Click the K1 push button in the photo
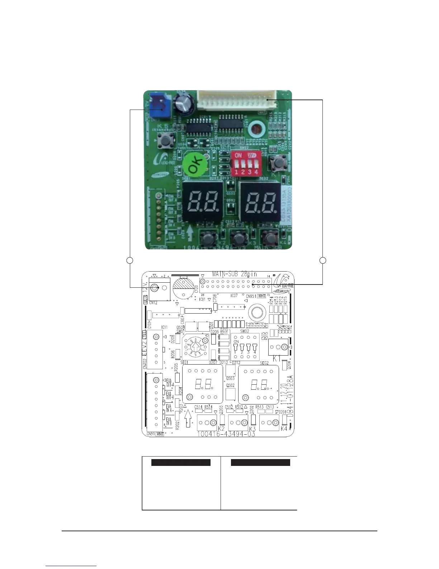click(277, 163)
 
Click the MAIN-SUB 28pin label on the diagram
click(235, 274)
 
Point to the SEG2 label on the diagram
click(264, 363)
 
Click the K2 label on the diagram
click(221, 429)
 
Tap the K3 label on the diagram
click(252, 429)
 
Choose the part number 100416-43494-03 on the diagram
click(226, 434)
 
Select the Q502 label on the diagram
click(230, 385)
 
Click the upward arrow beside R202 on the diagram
click(188, 418)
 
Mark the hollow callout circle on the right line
click(323, 260)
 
